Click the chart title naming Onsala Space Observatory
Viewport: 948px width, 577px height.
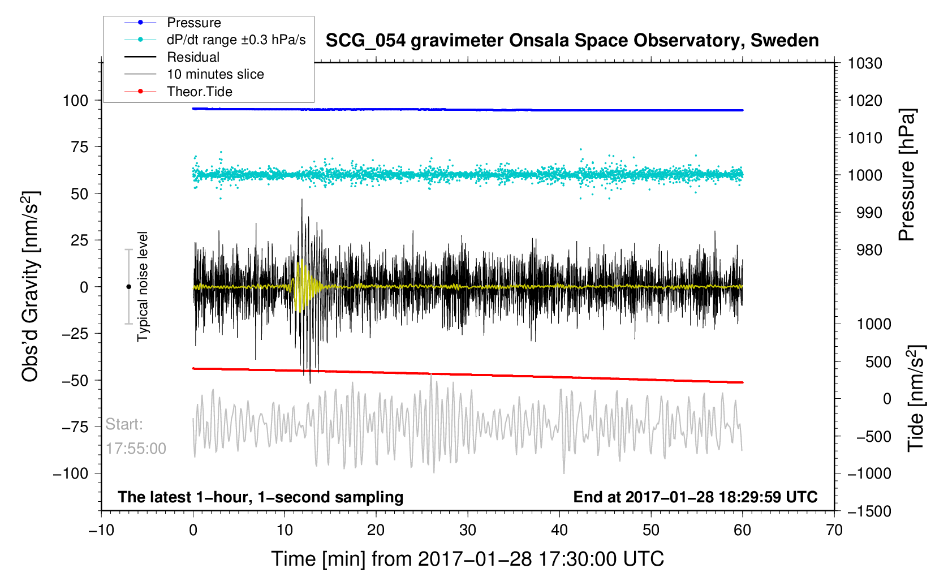coord(572,41)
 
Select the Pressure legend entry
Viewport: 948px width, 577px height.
coord(193,23)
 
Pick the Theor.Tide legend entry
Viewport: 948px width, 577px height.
coord(199,92)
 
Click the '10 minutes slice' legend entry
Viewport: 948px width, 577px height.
coord(215,74)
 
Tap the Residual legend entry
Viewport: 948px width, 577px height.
coord(193,57)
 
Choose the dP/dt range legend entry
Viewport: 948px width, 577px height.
coord(236,40)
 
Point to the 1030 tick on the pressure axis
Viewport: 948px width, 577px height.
coord(865,63)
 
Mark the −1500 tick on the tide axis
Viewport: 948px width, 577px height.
coord(868,511)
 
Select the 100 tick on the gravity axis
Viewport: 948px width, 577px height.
coord(76,101)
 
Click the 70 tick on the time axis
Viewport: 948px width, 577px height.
coord(834,530)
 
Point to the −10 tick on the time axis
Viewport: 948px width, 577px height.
coord(101,530)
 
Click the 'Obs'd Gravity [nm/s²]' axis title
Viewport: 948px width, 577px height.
coord(31,286)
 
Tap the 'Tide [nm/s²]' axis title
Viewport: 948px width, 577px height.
coord(916,398)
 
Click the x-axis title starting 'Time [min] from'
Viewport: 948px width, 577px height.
coord(467,559)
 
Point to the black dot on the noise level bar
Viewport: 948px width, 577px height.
coord(128,287)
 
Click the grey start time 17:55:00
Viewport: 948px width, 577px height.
coord(136,449)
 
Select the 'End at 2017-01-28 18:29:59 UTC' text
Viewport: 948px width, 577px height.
coord(695,497)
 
